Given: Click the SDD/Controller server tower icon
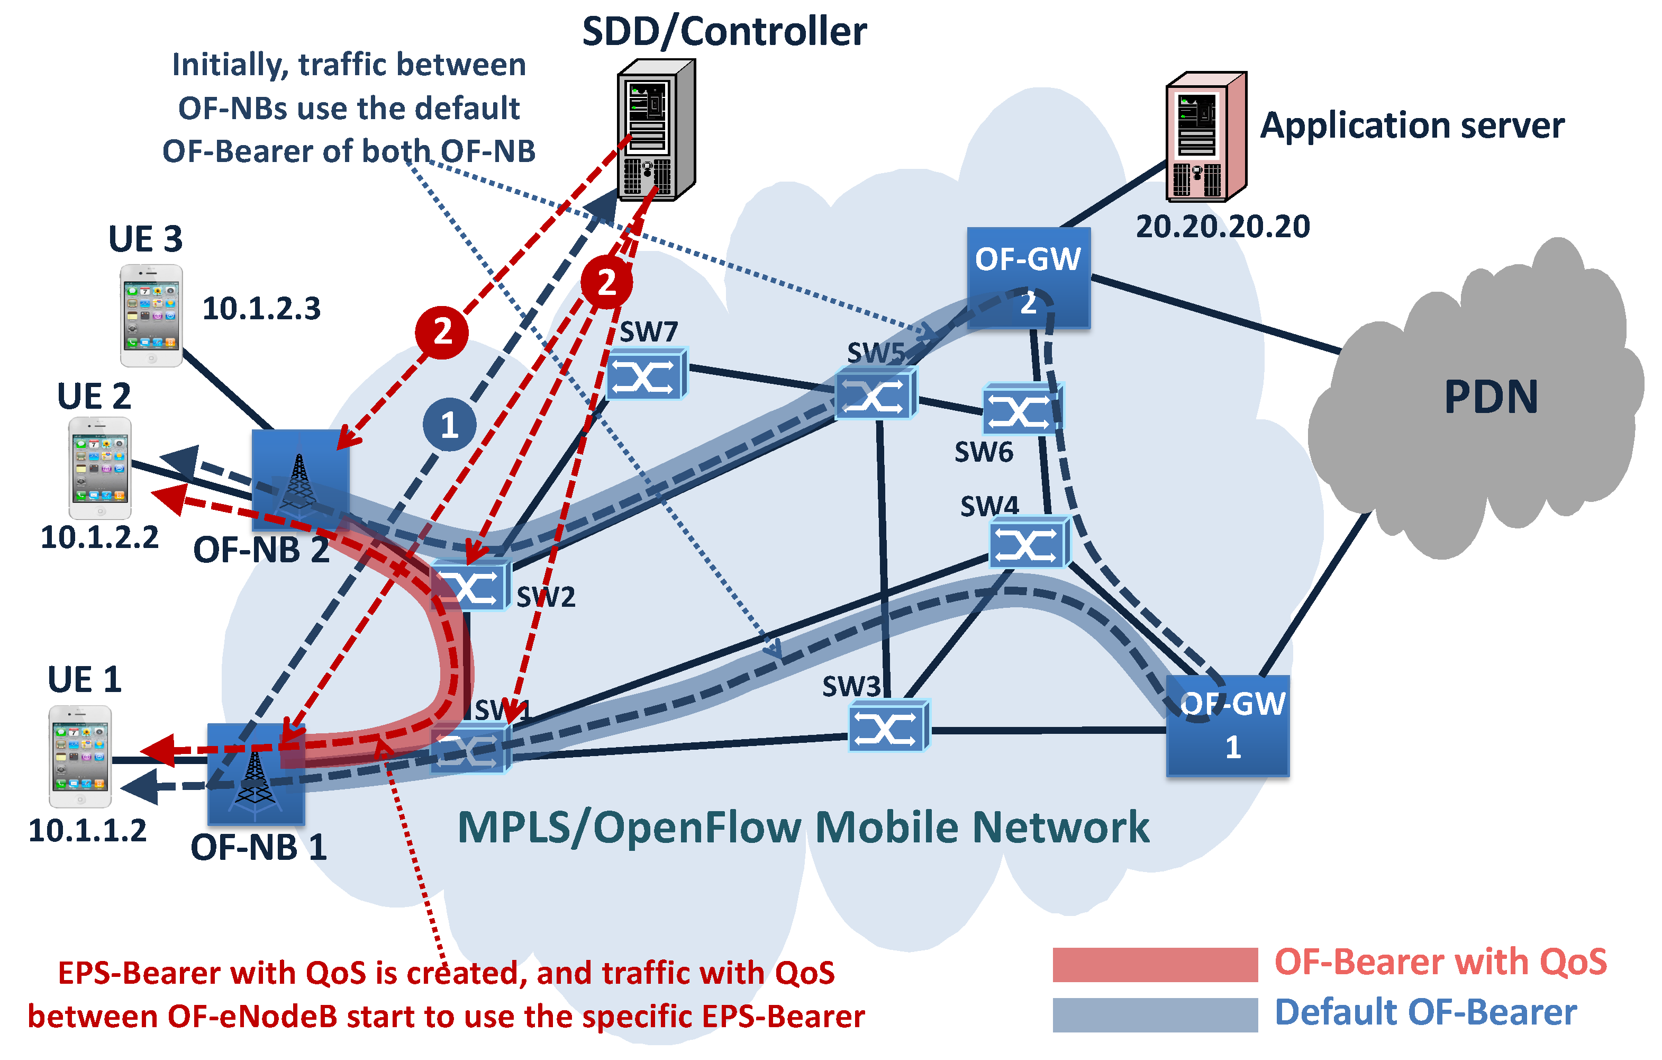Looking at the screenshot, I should [655, 130].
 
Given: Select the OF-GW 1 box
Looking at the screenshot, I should [1227, 726].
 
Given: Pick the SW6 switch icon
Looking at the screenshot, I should [1022, 409].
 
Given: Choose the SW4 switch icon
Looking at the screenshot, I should [1029, 543].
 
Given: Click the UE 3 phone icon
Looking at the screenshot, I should [151, 316].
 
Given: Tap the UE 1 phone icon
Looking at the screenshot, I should [80, 756].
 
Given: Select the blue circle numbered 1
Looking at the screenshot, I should [449, 424].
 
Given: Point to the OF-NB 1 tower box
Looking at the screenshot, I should [256, 774].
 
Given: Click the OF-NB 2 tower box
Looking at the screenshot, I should [299, 479].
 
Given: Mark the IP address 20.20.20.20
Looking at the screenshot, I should [1222, 227].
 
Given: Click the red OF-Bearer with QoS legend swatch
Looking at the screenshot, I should [1154, 965].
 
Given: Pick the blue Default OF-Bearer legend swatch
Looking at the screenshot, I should [1154, 1014].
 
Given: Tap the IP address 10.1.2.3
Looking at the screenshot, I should [261, 309].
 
